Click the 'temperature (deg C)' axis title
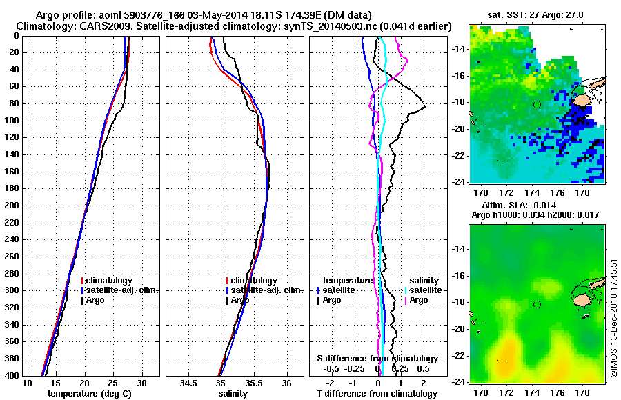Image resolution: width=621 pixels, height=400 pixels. click(x=84, y=393)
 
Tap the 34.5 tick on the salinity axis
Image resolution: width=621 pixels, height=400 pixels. click(x=188, y=382)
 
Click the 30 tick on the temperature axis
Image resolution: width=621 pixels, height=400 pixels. click(x=142, y=382)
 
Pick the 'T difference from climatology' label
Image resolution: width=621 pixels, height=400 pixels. click(x=377, y=393)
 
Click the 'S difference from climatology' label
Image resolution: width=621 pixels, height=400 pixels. click(x=377, y=359)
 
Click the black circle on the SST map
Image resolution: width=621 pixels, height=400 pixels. click(x=537, y=104)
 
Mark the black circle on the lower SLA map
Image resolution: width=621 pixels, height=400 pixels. click(x=537, y=304)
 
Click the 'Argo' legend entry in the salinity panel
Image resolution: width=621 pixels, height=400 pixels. click(x=240, y=300)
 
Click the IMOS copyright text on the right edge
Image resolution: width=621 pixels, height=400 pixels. click(x=613, y=317)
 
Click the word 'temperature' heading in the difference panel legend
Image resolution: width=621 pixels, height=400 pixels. click(x=348, y=281)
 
